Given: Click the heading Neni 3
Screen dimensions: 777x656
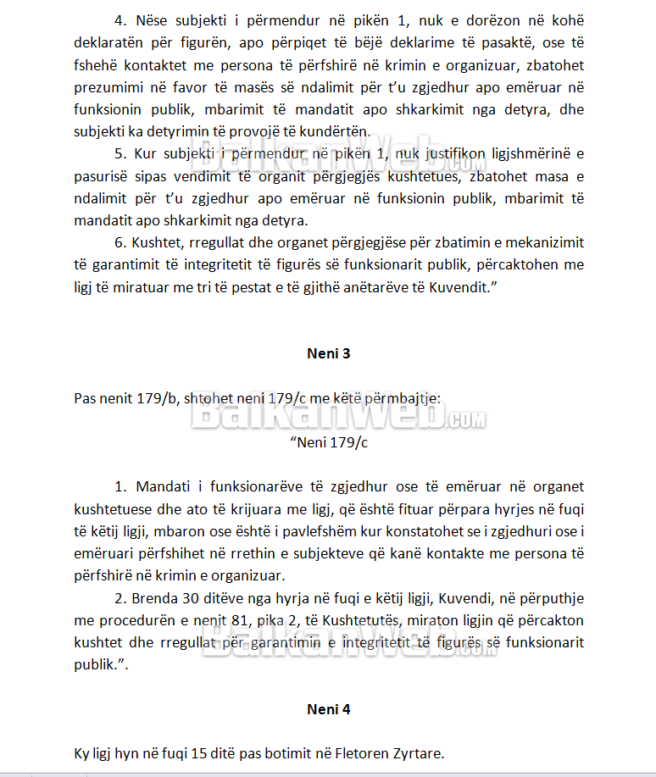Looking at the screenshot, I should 328,354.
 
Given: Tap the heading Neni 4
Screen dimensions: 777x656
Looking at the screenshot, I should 328,709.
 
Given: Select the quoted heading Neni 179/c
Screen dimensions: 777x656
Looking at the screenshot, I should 328,442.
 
